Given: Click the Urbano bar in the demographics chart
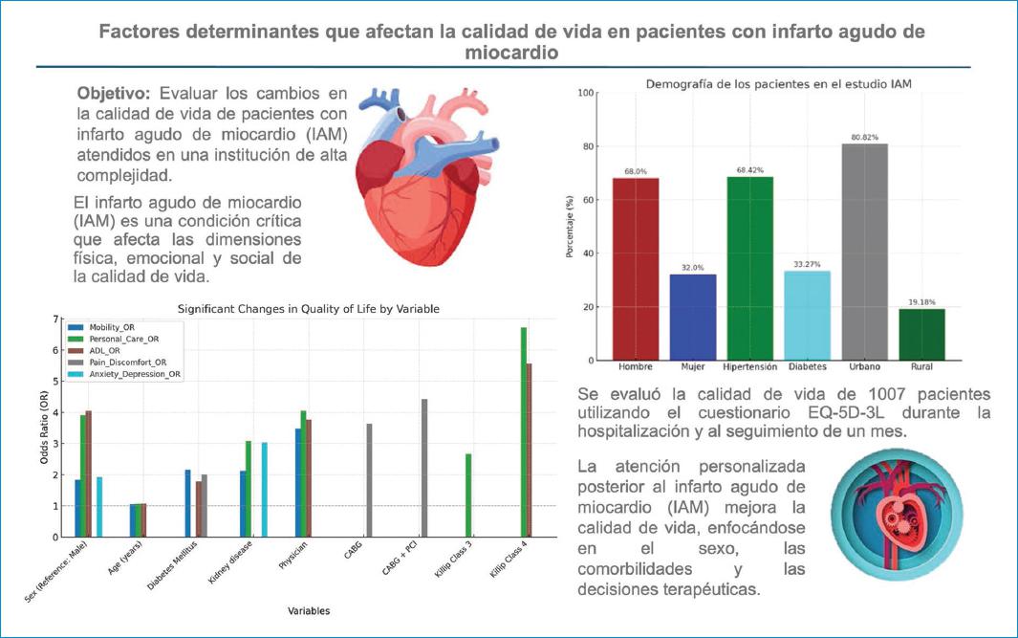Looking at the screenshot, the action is click(x=864, y=253).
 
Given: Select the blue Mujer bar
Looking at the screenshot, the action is click(x=693, y=317).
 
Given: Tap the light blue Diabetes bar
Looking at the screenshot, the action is click(x=807, y=316).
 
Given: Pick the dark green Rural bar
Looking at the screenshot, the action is click(x=921, y=335).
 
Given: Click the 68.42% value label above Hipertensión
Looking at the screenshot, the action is click(x=749, y=170).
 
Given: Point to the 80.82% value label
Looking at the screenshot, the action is click(x=864, y=137).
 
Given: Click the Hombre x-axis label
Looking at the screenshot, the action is click(x=636, y=367).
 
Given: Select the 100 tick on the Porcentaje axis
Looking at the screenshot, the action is click(x=586, y=93).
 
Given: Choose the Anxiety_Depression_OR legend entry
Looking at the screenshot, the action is click(x=124, y=374).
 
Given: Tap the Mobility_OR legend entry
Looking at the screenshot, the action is click(x=102, y=327).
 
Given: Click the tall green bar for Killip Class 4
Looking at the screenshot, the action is click(x=523, y=432).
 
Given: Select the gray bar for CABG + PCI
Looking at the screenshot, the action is click(x=424, y=468).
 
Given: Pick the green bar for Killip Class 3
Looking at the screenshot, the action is click(x=468, y=495).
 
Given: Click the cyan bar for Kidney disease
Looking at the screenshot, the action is click(x=264, y=490).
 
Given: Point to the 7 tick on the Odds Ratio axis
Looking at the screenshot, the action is click(x=55, y=319).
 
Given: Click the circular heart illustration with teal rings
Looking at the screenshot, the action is click(x=897, y=516).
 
